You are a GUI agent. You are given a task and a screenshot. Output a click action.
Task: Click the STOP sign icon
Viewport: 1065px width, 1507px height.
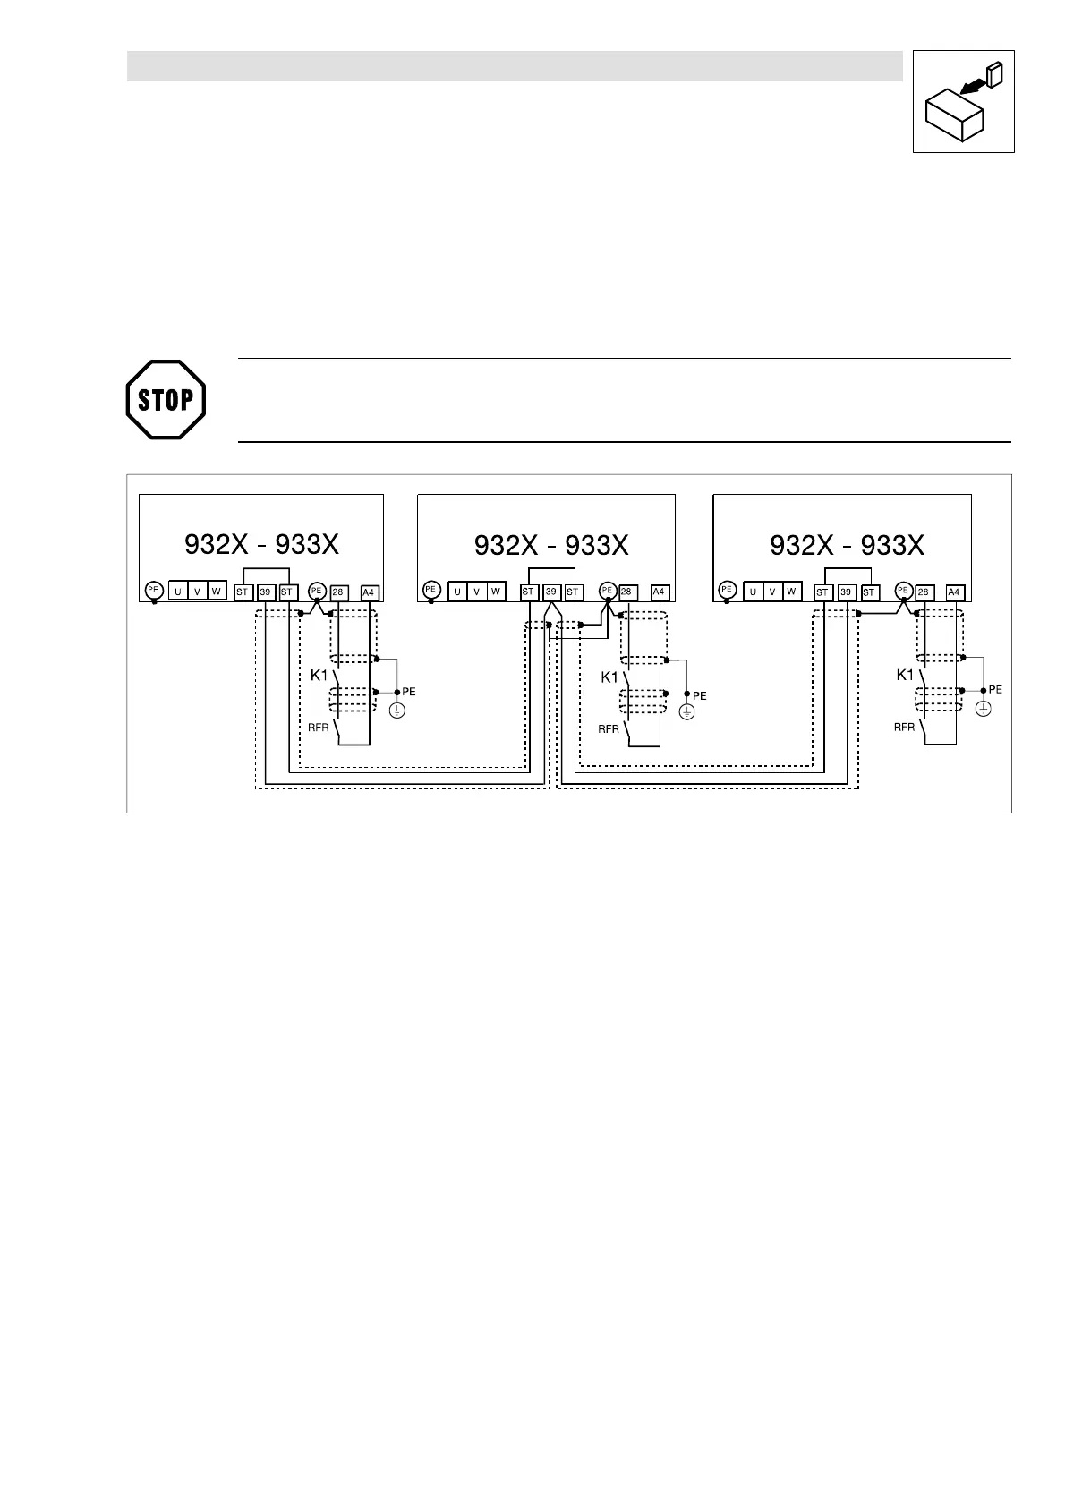click(166, 399)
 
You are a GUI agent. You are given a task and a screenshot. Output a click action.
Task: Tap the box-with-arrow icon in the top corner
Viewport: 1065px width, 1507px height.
click(963, 101)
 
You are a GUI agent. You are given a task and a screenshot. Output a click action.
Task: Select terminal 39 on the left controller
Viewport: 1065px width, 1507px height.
click(265, 592)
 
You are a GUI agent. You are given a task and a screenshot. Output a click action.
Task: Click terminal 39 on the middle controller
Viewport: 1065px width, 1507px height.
click(551, 592)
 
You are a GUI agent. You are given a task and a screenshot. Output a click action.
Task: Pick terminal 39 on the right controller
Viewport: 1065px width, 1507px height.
click(846, 592)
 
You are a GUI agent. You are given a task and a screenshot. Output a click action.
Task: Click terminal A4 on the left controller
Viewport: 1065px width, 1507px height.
click(368, 592)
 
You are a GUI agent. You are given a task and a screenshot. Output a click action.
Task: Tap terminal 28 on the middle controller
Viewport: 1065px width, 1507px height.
click(626, 592)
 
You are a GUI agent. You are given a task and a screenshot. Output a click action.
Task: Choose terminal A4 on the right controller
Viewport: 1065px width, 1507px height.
click(954, 592)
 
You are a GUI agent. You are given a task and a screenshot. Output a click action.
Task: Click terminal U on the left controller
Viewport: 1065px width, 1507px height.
click(178, 591)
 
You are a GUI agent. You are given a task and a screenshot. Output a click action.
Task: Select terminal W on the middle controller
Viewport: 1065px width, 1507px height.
click(495, 591)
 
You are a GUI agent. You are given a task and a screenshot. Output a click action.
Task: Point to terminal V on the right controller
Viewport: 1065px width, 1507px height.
click(771, 591)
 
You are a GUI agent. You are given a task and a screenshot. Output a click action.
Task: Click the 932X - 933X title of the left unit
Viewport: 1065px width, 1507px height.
click(261, 544)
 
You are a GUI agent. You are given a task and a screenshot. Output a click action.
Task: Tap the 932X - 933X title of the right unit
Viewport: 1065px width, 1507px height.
click(847, 544)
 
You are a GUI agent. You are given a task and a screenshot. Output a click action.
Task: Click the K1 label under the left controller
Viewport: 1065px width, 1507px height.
click(319, 675)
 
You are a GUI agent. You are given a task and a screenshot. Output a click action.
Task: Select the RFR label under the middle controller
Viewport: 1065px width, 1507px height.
click(609, 728)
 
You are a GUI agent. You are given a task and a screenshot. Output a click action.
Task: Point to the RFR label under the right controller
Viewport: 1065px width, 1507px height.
click(904, 727)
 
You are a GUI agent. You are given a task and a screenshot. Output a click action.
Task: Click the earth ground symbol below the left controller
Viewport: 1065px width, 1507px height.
click(397, 710)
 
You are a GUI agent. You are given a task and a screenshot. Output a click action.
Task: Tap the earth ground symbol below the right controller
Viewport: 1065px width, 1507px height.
click(983, 709)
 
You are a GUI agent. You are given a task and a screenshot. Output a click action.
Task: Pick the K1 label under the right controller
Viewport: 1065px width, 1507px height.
click(906, 675)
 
